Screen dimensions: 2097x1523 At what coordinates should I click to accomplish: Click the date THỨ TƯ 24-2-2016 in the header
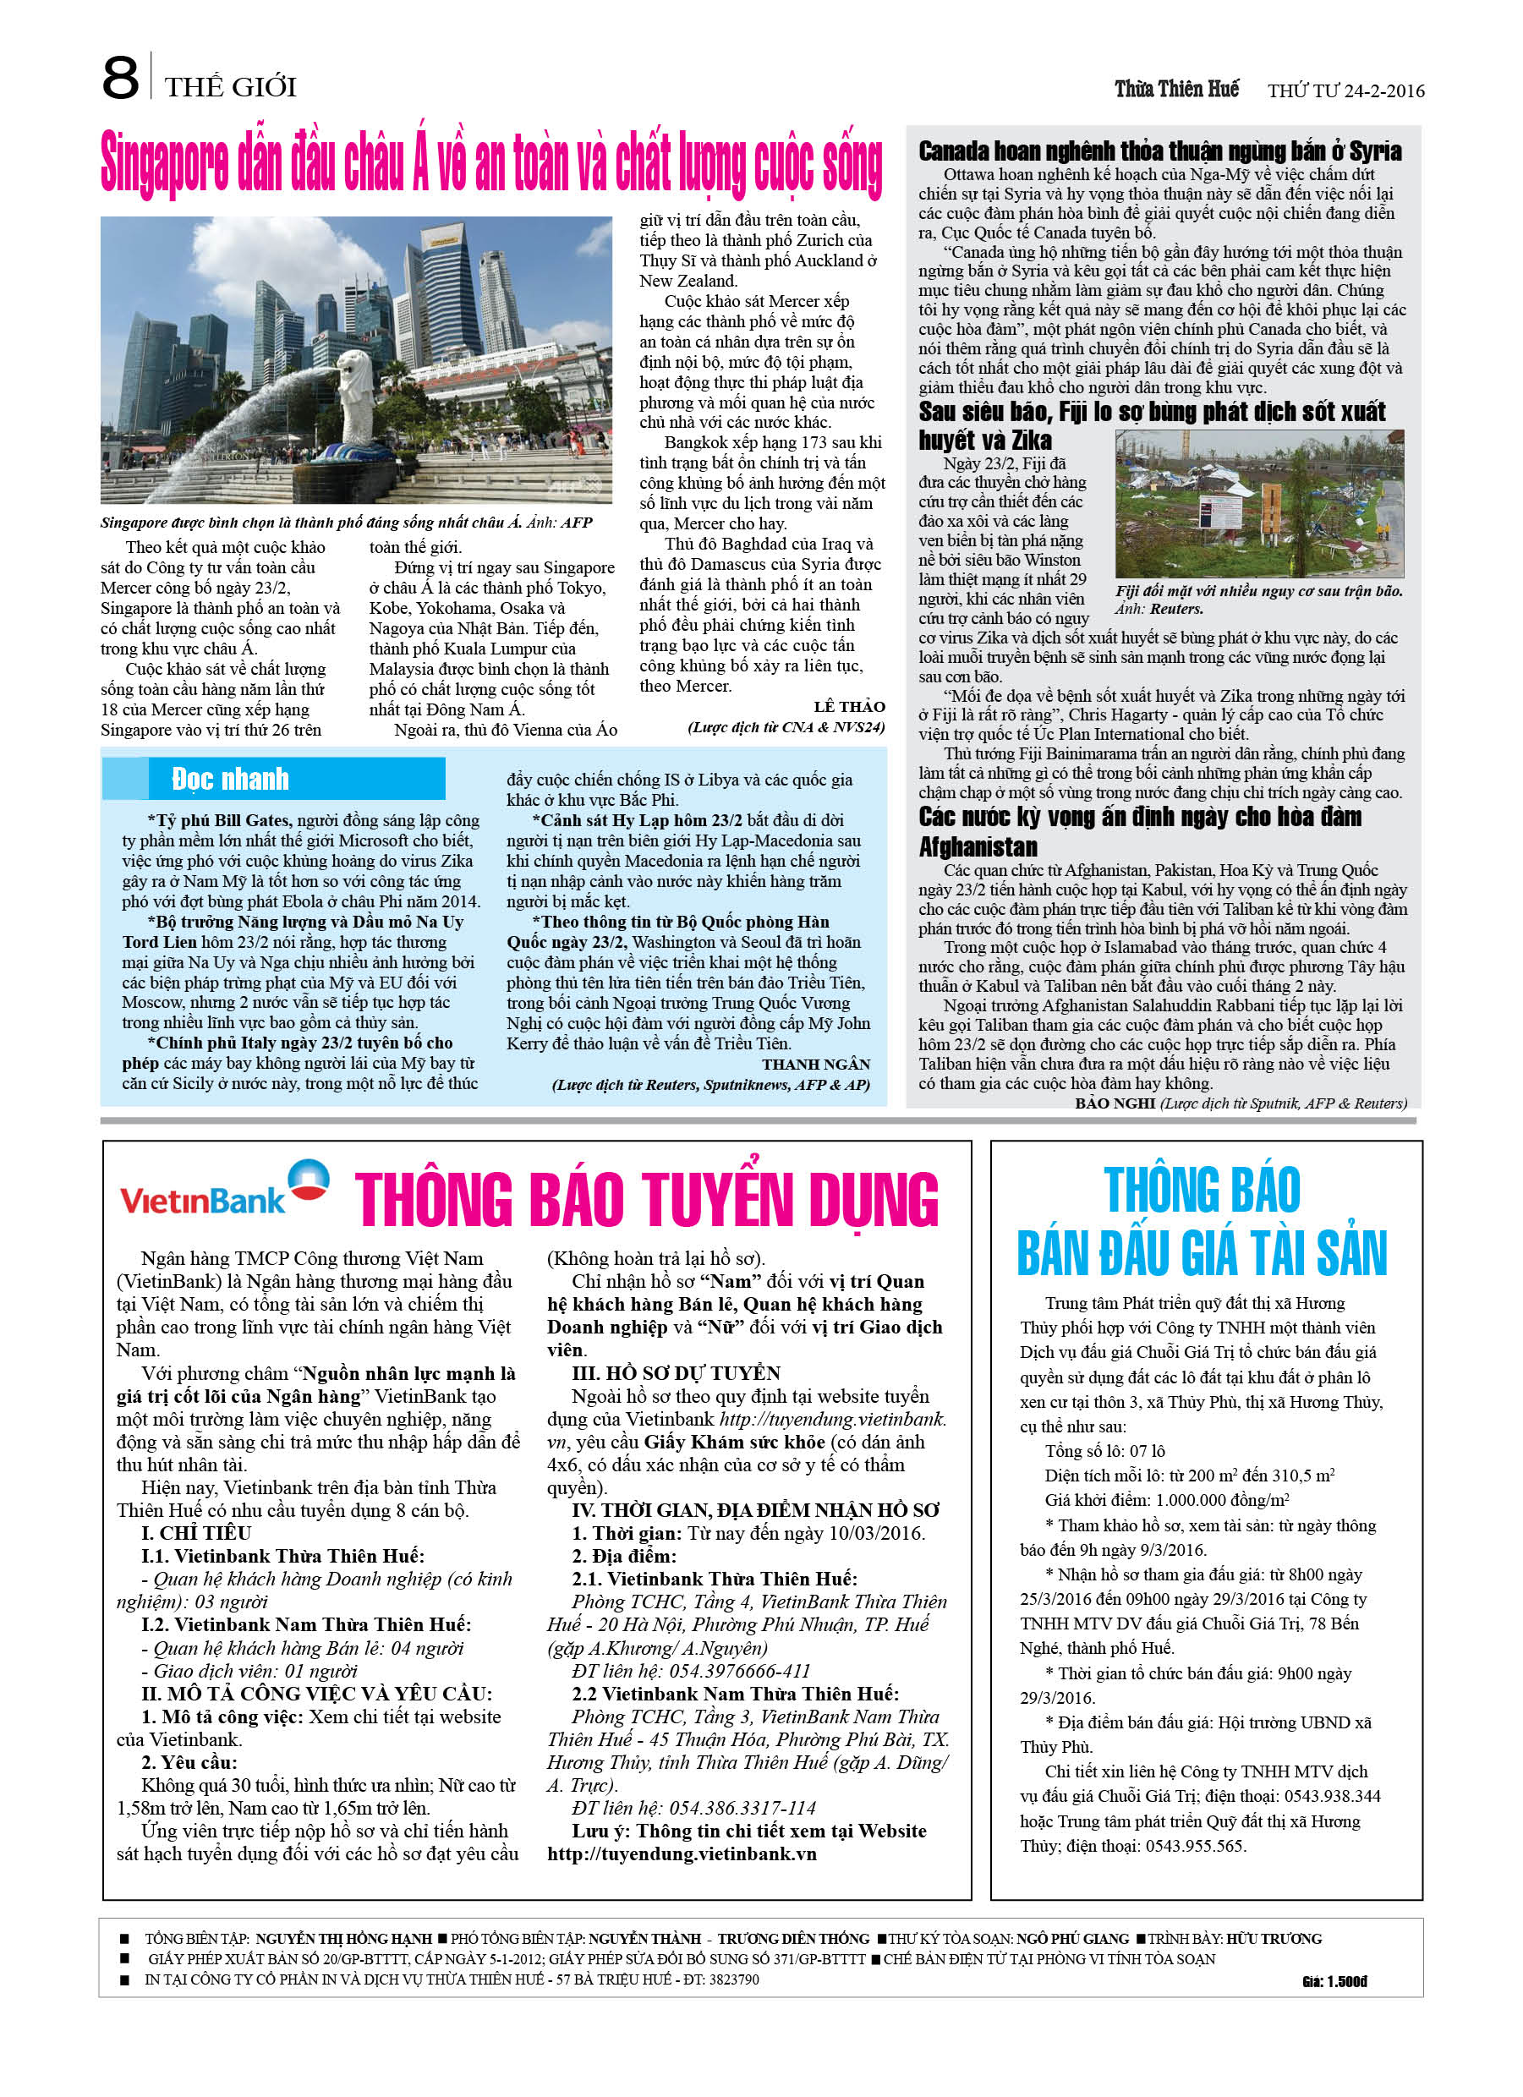1345,90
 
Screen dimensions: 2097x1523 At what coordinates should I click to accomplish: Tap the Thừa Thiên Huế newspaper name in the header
1175,89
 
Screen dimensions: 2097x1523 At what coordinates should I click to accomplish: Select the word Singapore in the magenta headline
165,167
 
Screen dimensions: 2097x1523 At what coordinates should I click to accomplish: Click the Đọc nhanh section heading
230,780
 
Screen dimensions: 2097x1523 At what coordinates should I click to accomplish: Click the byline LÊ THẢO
849,706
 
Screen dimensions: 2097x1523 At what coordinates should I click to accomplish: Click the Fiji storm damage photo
1258,505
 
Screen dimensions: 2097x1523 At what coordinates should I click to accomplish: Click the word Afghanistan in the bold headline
978,847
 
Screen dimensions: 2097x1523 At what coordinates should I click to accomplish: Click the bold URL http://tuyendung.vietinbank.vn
682,1853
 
